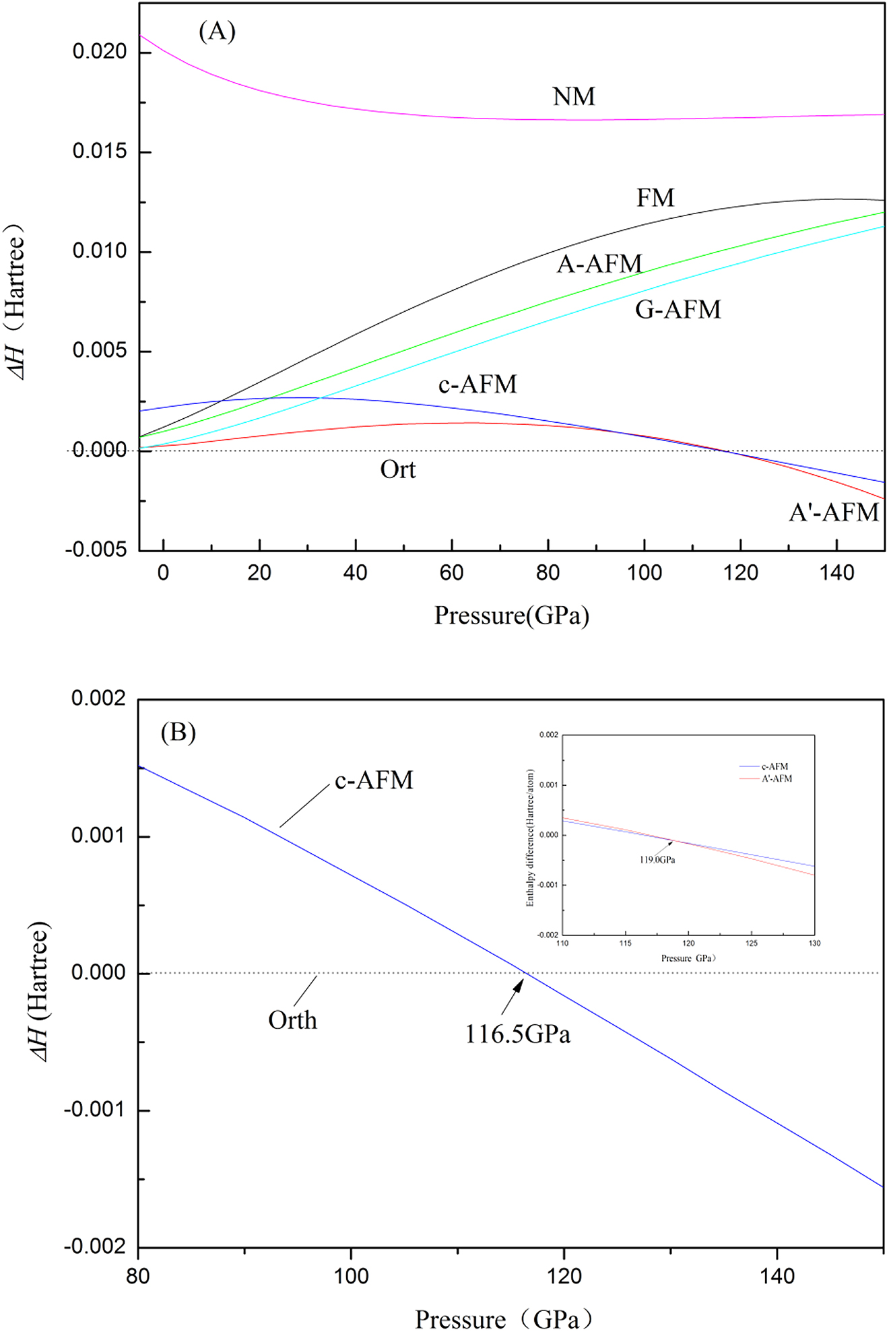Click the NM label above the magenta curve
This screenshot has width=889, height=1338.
[x=574, y=96]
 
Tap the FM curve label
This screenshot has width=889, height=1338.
[x=655, y=198]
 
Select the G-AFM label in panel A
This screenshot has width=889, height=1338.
[x=678, y=310]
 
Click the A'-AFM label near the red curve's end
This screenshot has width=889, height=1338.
[x=834, y=513]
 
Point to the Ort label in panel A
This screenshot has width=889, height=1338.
[x=397, y=469]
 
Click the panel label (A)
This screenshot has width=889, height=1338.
[x=217, y=31]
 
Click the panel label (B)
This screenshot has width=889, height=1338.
[x=178, y=731]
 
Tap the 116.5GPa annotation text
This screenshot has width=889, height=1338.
[x=517, y=1034]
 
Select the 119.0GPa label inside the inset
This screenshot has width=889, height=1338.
[x=657, y=860]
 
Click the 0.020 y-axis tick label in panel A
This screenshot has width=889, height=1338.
[x=100, y=52]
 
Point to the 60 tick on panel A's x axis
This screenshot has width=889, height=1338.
[x=451, y=573]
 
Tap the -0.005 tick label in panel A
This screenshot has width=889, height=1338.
[x=96, y=549]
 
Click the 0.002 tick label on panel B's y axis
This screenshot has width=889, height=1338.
[x=98, y=698]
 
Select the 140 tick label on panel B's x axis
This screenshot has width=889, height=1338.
[x=777, y=1276]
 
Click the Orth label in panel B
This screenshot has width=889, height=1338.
[x=292, y=1020]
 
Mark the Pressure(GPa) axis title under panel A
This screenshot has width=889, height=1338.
[x=511, y=615]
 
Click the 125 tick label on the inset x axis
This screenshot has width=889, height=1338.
[x=752, y=943]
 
